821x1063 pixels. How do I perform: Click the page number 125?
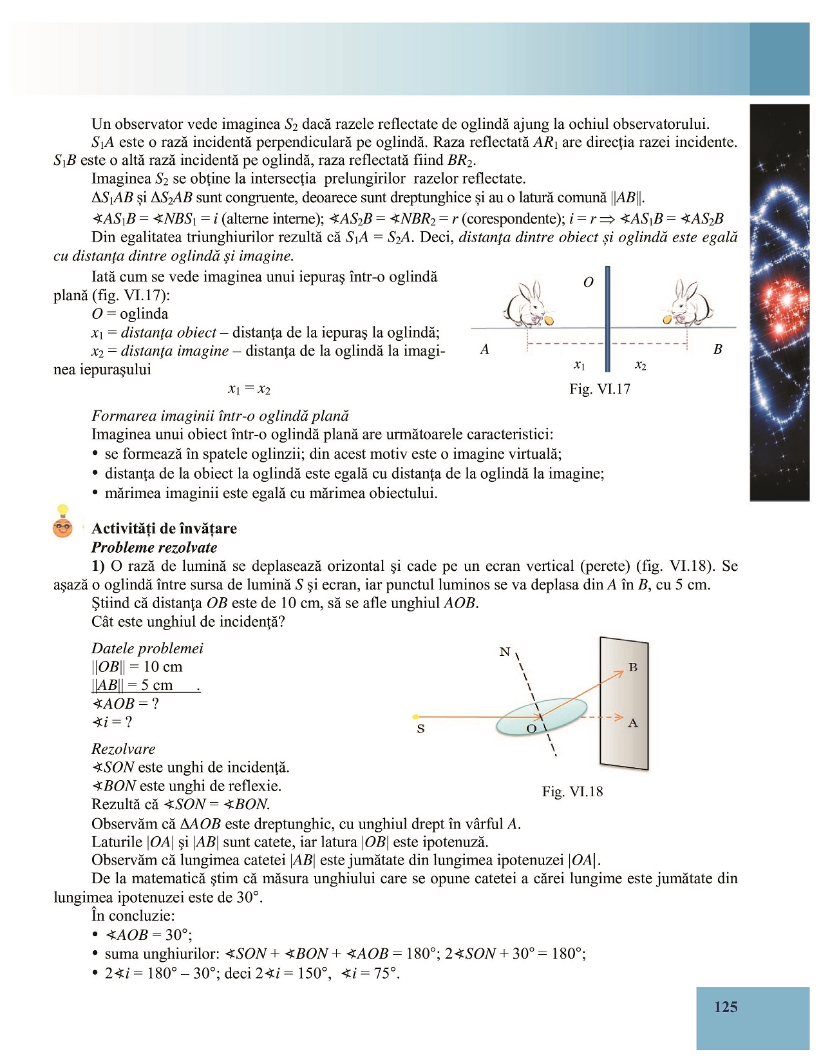point(726,1007)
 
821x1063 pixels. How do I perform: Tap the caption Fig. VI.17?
point(599,389)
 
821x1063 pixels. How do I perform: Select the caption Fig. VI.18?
point(572,792)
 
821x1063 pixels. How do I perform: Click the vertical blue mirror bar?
point(607,319)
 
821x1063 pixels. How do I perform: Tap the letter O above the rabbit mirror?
point(588,282)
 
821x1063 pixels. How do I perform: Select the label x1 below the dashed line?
point(580,365)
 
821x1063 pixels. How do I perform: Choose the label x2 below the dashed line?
point(640,365)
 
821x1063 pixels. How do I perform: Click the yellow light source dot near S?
point(416,716)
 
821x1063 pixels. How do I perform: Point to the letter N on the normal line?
point(504,652)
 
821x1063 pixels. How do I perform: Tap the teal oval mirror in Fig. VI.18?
point(541,716)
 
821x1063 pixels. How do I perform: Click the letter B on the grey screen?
point(633,667)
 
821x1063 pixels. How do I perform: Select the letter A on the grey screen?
point(633,723)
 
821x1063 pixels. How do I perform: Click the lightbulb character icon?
point(62,522)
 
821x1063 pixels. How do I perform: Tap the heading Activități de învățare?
point(164,529)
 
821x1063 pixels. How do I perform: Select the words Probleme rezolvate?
point(155,548)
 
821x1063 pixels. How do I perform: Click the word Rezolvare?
point(124,749)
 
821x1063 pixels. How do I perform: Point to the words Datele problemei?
point(147,648)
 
